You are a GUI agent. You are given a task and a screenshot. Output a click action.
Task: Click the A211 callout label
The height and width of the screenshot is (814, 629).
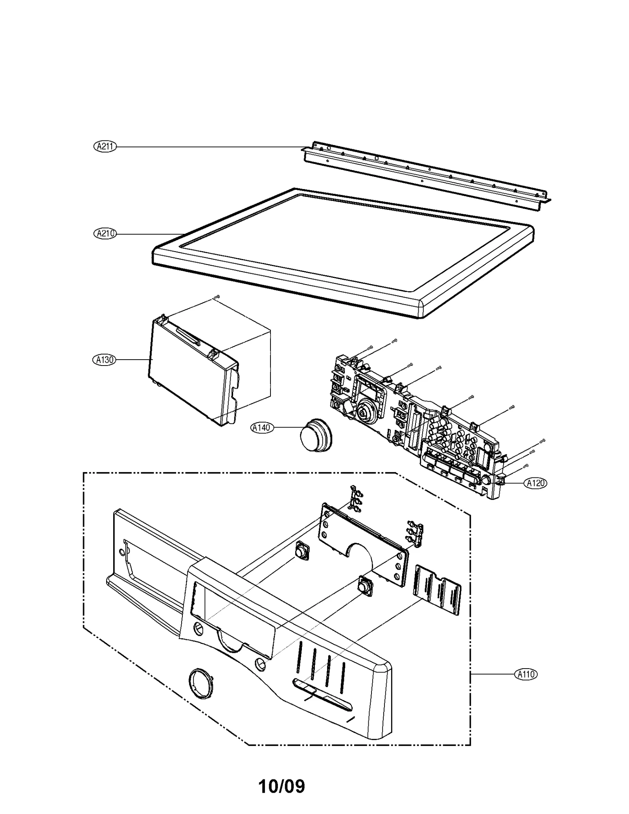tap(105, 147)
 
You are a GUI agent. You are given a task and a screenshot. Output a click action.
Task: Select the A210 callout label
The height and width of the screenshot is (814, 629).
tap(105, 233)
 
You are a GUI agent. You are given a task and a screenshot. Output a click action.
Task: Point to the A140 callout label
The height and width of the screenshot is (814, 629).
tap(262, 428)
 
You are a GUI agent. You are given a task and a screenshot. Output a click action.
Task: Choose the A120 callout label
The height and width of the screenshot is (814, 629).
tap(535, 483)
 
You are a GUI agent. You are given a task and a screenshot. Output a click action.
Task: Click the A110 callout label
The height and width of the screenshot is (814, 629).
tap(526, 674)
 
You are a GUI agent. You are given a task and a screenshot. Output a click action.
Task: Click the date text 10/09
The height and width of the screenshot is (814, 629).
tap(281, 785)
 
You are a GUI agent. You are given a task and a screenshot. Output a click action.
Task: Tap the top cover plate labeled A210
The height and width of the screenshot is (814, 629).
tap(342, 252)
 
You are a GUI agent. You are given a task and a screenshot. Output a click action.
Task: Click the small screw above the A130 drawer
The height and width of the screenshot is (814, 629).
tap(217, 298)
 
